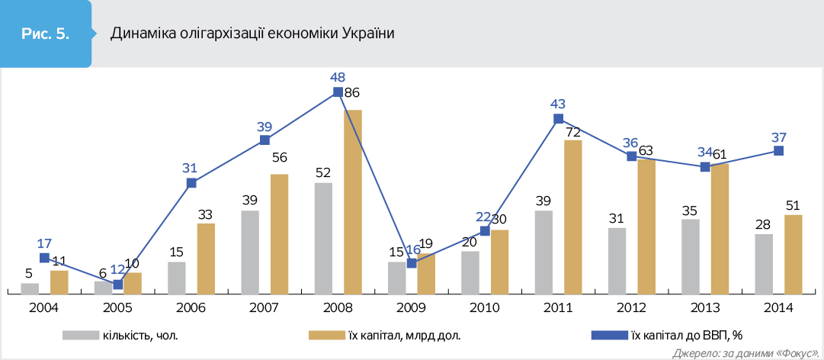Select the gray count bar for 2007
pyautogui.click(x=250, y=252)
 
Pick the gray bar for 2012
pyautogui.click(x=617, y=260)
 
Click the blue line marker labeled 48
pyautogui.click(x=338, y=92)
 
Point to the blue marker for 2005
pyautogui.click(x=117, y=284)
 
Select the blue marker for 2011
pyautogui.click(x=558, y=118)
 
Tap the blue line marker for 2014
pyautogui.click(x=778, y=151)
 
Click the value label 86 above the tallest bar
pyautogui.click(x=351, y=93)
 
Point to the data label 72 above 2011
pyautogui.click(x=573, y=133)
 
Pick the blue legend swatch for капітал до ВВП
pyautogui.click(x=608, y=334)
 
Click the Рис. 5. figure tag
pyautogui.click(x=45, y=34)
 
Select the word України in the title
pyautogui.click(x=369, y=34)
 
